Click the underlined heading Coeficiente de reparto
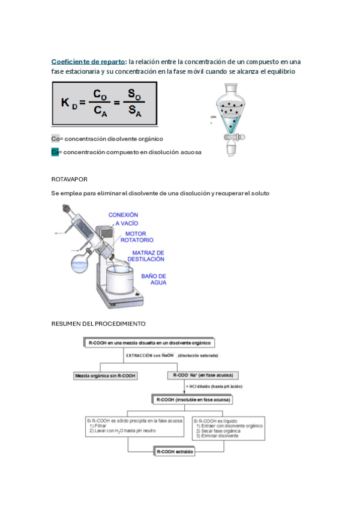click(x=88, y=62)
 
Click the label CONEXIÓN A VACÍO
click(x=124, y=218)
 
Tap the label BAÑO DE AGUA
click(x=154, y=279)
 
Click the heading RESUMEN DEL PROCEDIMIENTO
click(x=98, y=324)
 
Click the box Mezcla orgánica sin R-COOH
click(x=105, y=376)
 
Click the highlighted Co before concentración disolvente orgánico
click(x=55, y=139)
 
